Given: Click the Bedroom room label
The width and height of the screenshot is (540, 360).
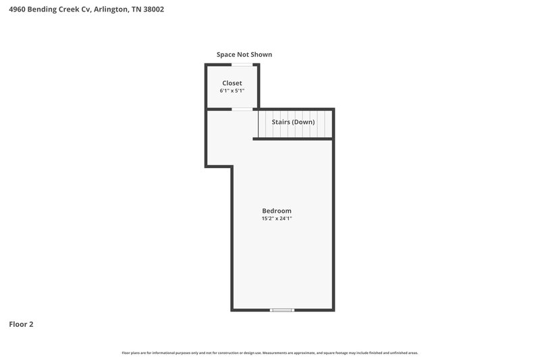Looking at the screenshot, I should pos(277,211).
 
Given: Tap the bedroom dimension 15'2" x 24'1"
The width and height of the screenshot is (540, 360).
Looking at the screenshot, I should pos(277,219).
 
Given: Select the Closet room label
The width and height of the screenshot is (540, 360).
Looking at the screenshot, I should pos(232,83).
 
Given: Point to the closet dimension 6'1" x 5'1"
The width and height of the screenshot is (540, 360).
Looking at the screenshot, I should pos(232,91).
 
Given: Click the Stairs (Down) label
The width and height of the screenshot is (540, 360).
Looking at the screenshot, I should pos(293,122).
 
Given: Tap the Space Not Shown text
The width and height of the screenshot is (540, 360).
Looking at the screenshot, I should pos(244,55).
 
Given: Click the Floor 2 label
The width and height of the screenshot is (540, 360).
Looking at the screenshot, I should pos(21,324).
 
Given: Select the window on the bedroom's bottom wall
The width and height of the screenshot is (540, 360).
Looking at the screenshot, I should pos(282,310).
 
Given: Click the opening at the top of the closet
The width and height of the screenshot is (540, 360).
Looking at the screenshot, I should pos(243,65).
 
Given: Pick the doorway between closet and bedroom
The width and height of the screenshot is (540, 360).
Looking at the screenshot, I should pos(243,109).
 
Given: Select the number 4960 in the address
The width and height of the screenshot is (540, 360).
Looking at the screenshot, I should pos(18,9).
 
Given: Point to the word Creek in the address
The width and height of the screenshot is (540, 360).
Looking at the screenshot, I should pos(67,9).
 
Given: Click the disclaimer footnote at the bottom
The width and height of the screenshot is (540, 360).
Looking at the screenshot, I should pos(270,353).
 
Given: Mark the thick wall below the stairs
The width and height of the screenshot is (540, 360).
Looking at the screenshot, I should pos(293,138).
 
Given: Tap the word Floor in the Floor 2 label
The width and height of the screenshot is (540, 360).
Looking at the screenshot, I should pos(18,324).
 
